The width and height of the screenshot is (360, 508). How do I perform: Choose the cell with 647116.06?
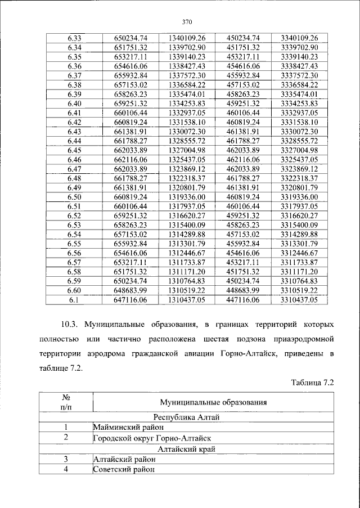pyautogui.click(x=130, y=300)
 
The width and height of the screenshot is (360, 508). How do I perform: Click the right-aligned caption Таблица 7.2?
pyautogui.click(x=313, y=383)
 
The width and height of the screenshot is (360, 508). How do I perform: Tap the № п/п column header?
pyautogui.click(x=65, y=402)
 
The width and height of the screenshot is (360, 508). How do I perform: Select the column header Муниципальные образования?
pyautogui.click(x=213, y=402)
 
